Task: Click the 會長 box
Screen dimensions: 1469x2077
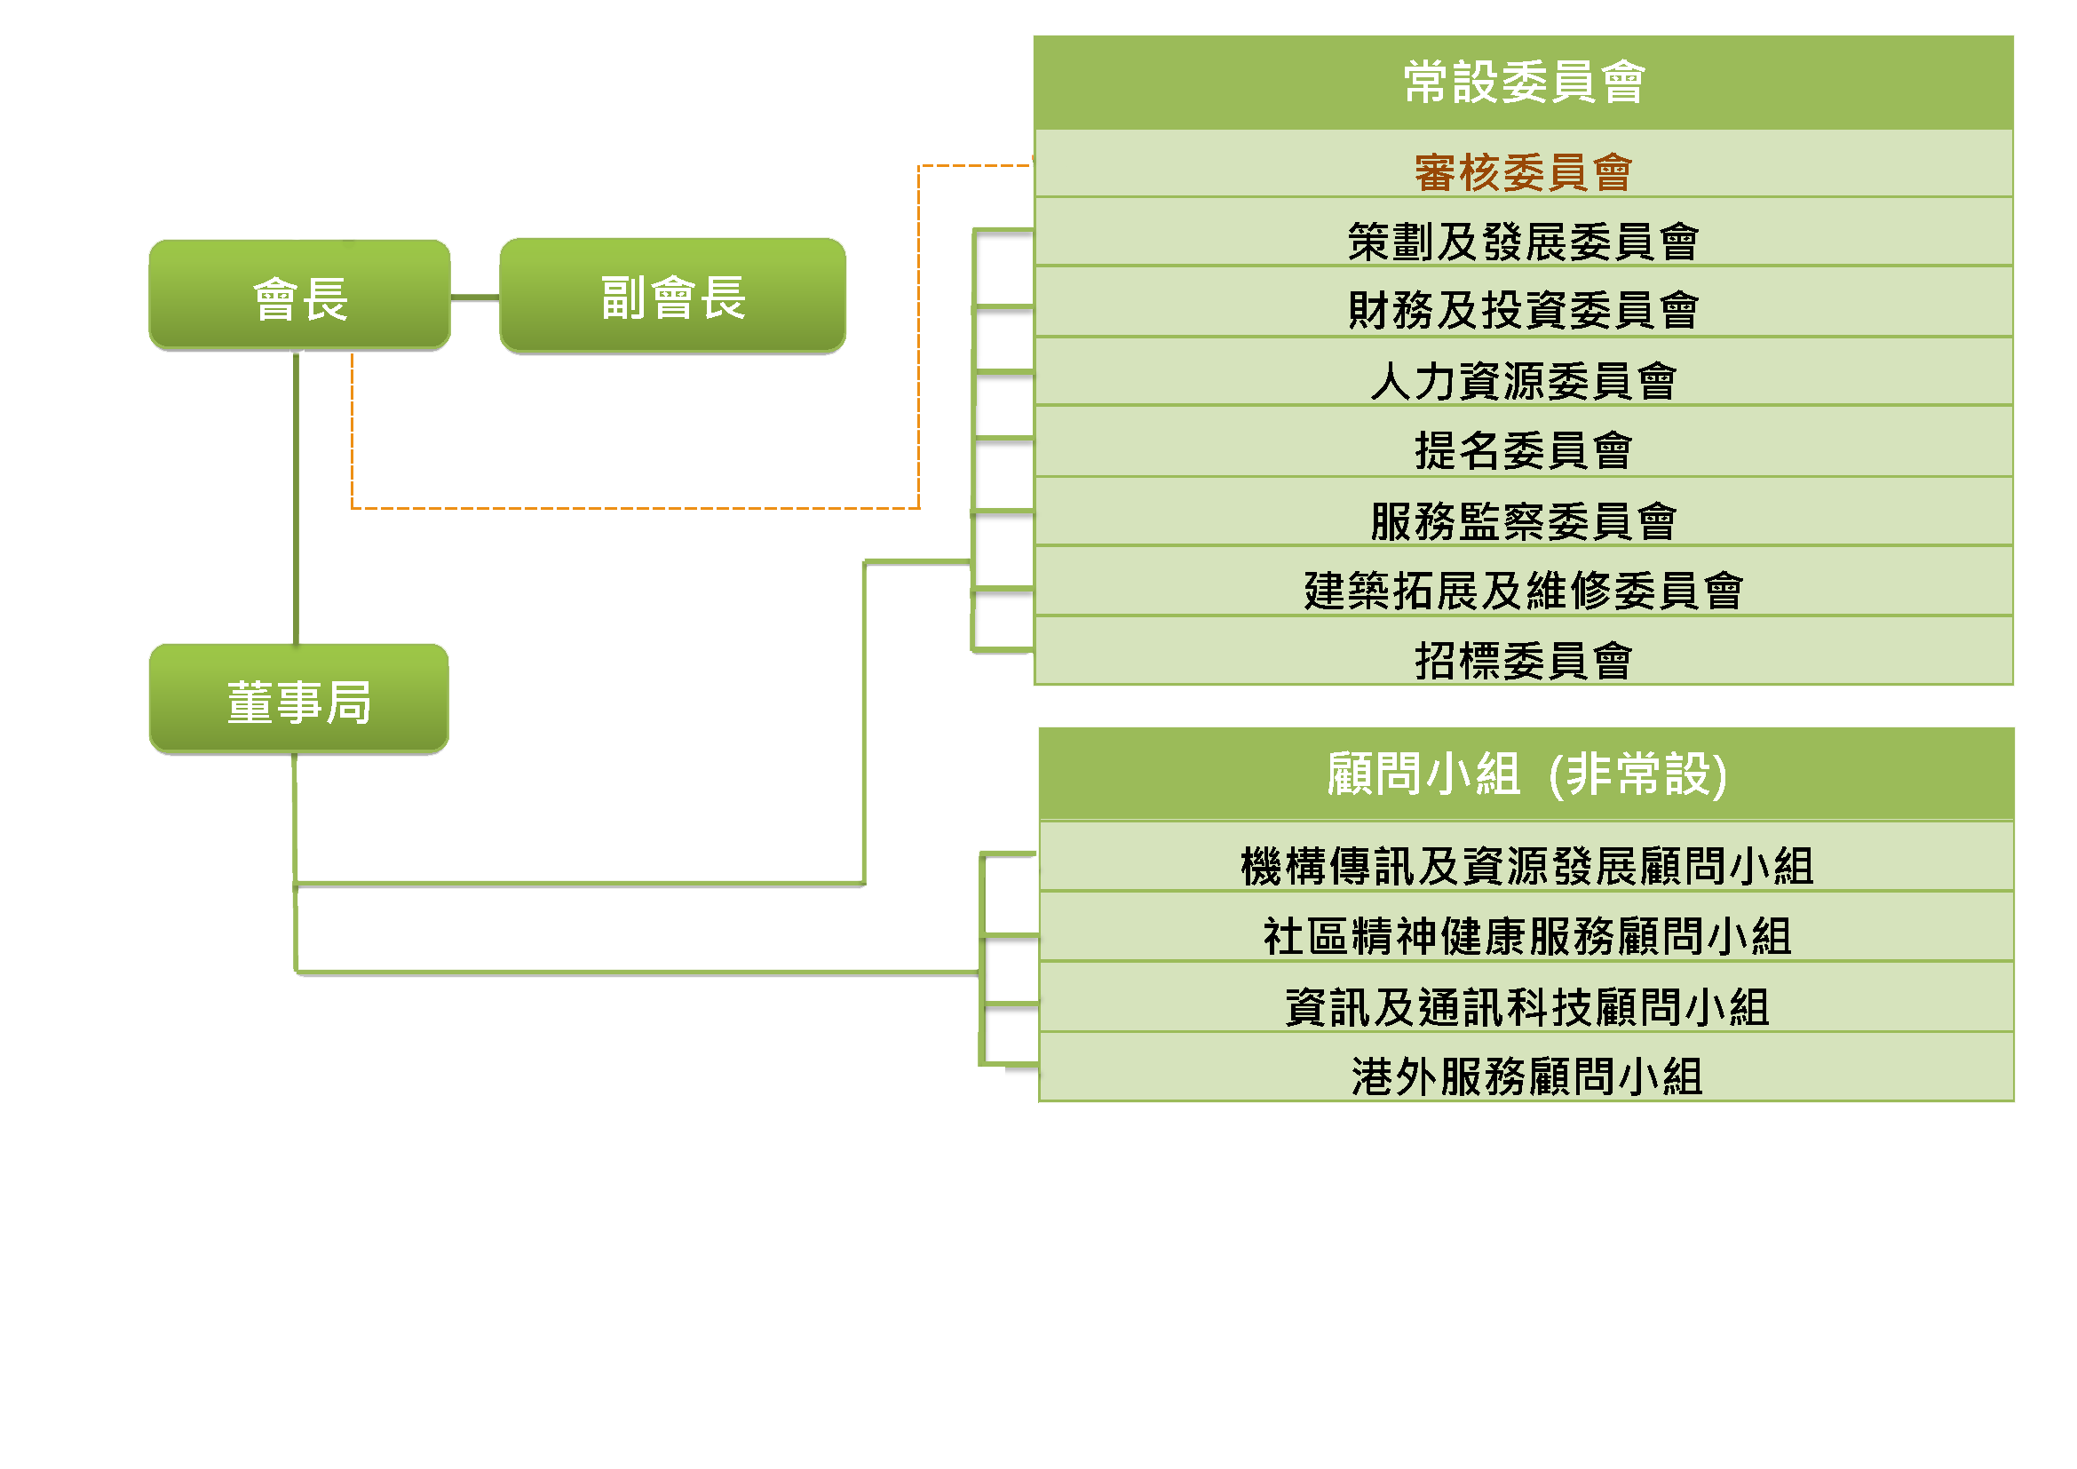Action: coord(299,296)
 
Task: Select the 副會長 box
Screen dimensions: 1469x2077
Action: coord(672,296)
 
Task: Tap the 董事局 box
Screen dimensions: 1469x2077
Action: coord(298,699)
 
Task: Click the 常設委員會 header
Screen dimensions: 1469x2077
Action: coord(1524,83)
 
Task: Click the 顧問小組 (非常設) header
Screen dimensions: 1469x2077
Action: coord(1526,774)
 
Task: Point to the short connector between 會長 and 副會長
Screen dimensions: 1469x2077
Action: coord(475,297)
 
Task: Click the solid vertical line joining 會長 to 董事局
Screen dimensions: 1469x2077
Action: coord(296,497)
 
